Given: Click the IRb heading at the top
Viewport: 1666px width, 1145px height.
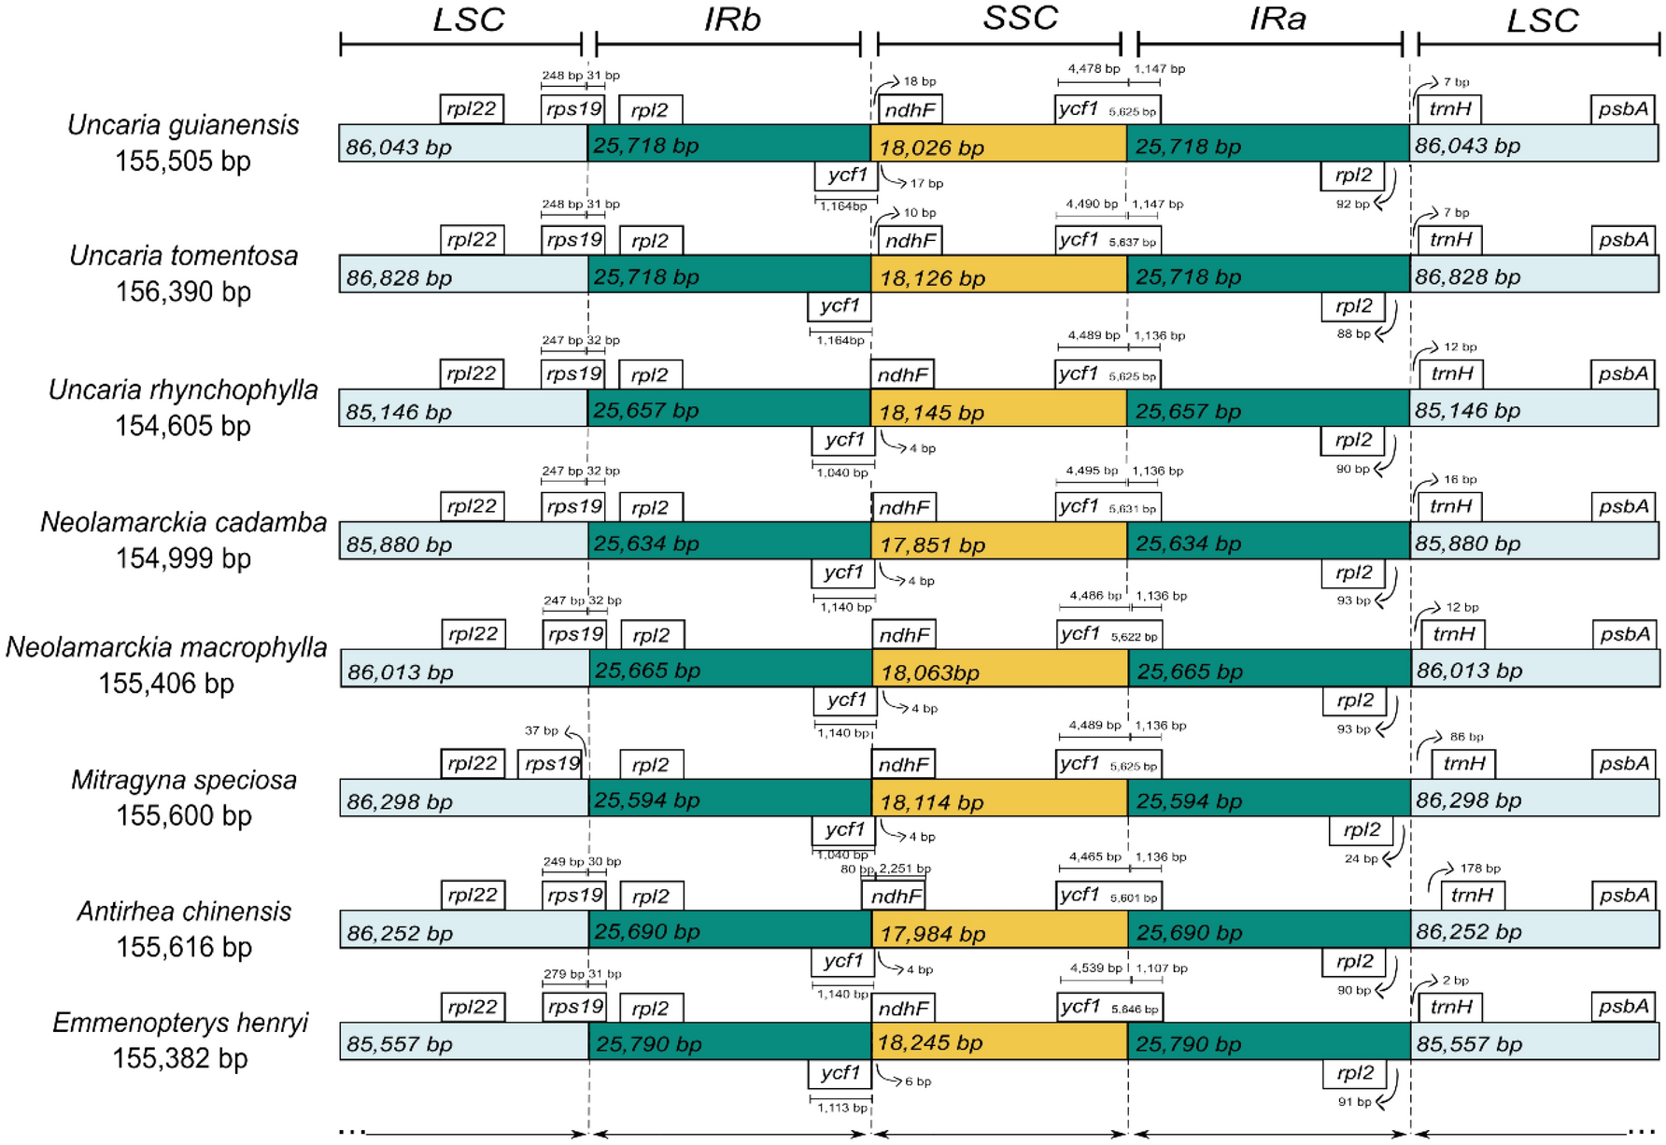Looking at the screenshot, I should [x=732, y=20].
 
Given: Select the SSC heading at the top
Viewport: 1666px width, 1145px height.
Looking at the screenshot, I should [x=1020, y=18].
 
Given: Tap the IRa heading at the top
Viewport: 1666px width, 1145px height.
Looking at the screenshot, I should [x=1277, y=19].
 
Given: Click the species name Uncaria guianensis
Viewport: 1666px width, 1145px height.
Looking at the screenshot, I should [x=183, y=125].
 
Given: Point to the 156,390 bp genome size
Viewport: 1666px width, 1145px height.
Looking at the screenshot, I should [x=183, y=292].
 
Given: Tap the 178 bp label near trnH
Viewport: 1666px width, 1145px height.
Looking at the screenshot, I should [x=1479, y=869].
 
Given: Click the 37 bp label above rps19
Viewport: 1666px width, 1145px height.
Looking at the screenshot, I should [x=541, y=731].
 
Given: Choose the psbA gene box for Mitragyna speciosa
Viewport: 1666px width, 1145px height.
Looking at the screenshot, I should [x=1623, y=764].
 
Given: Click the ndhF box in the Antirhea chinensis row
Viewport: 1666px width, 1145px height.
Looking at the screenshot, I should [x=896, y=897].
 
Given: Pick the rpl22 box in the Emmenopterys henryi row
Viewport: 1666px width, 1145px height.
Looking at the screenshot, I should [x=472, y=1007].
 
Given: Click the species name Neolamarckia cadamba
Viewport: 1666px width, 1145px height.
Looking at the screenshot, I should [x=183, y=523].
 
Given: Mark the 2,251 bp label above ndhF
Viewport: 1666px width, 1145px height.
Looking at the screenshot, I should [x=905, y=869].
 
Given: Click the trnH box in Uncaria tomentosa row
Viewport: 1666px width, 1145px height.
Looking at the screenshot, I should [x=1450, y=240].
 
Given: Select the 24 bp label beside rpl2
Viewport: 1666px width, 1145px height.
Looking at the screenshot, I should [x=1361, y=859].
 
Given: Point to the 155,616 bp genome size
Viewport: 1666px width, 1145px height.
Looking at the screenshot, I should [x=183, y=948].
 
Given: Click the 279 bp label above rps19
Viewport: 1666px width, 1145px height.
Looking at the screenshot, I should [x=562, y=974].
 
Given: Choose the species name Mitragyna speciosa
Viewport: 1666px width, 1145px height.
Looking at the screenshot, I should [x=183, y=781].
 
